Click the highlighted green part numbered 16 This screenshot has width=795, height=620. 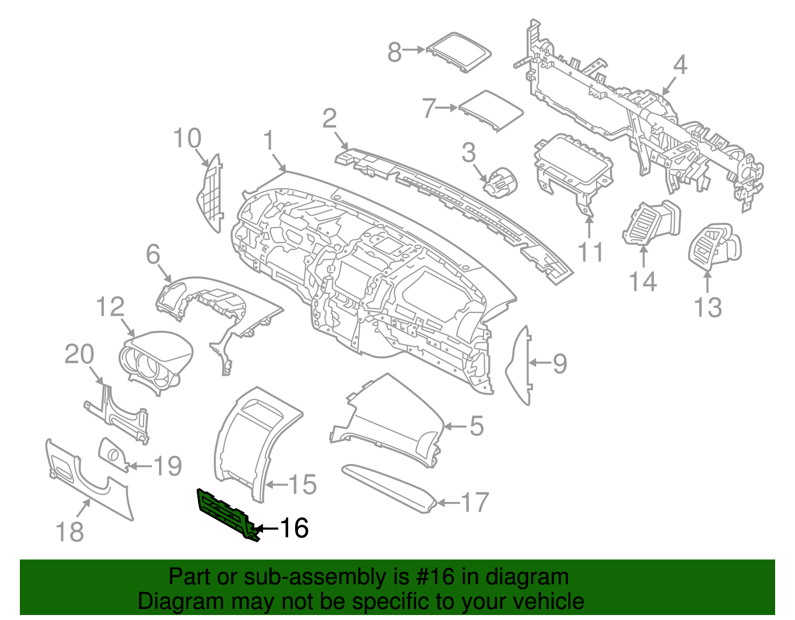[x=226, y=514]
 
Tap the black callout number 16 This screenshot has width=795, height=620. [x=294, y=528]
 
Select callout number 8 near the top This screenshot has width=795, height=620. [x=395, y=52]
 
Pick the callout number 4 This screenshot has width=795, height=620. [x=680, y=65]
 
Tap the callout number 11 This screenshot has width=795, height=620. [x=591, y=252]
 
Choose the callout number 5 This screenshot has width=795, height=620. [x=476, y=426]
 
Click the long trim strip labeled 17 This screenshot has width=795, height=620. [x=388, y=488]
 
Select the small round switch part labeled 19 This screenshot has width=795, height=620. [x=113, y=453]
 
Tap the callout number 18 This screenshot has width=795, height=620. [x=70, y=532]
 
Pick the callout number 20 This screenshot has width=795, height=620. [x=79, y=354]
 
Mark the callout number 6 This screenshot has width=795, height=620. [x=153, y=255]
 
